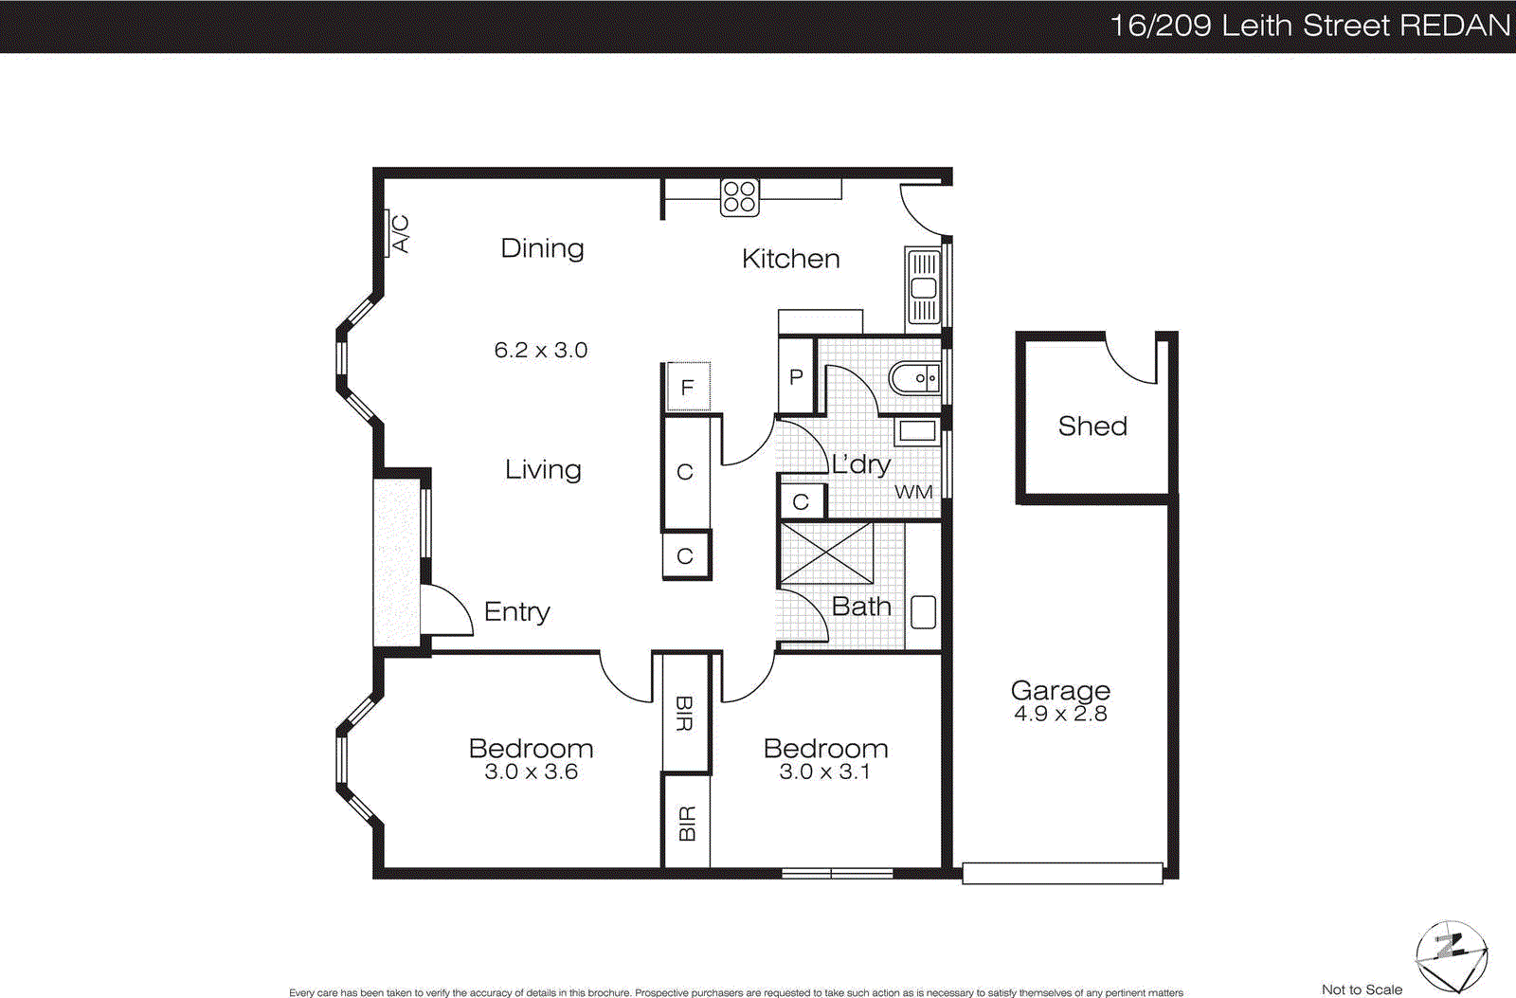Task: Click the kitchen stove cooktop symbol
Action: coord(739,197)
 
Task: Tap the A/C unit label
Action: coord(400,234)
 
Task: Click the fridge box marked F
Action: coord(688,387)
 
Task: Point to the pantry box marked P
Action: coord(796,377)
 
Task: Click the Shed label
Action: coord(1092,426)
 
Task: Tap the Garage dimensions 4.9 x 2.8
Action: coord(1060,714)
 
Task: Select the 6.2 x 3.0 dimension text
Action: coord(540,351)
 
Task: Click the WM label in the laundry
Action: coord(913,492)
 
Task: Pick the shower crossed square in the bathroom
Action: coord(826,553)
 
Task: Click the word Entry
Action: coord(516,612)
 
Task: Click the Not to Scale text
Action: coord(1362,989)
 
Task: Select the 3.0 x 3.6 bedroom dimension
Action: coord(531,772)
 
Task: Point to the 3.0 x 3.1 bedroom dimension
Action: coord(824,772)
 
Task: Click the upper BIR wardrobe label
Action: coord(685,714)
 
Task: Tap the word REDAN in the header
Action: coord(1454,26)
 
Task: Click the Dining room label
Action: coord(542,248)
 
